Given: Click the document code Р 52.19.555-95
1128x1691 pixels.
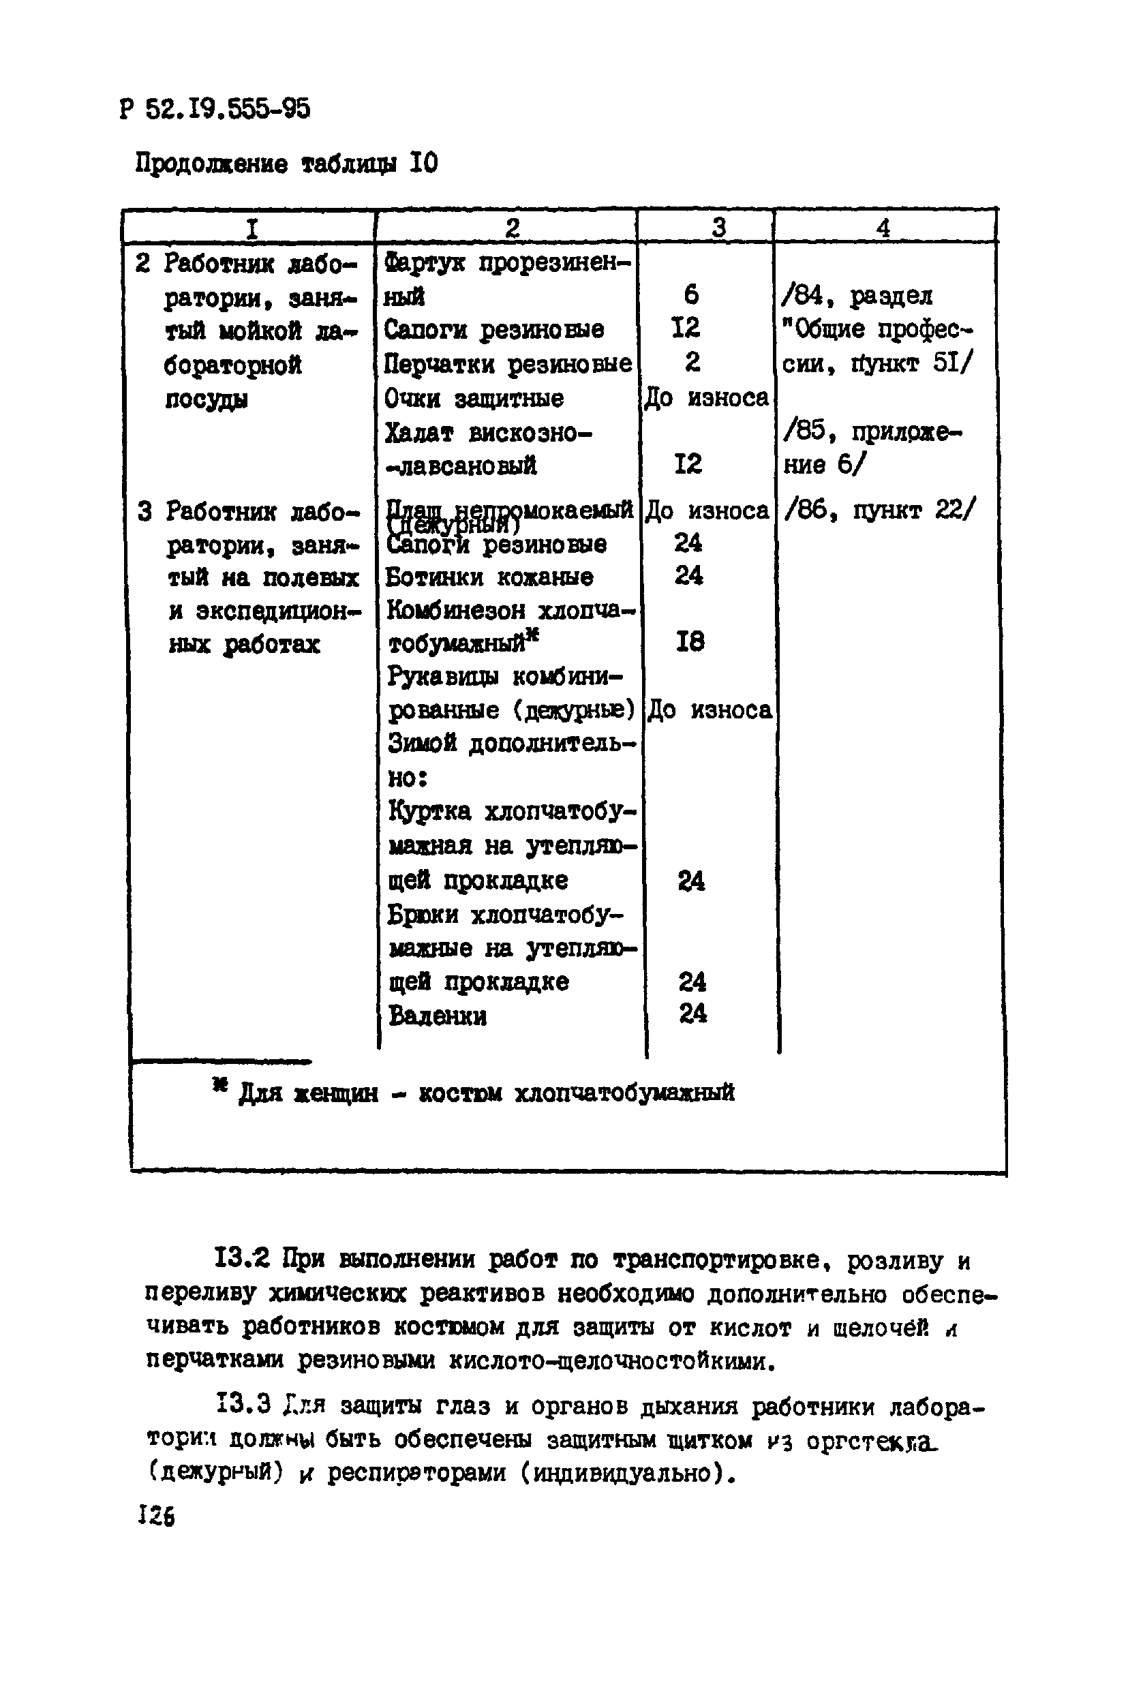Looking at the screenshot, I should click(215, 109).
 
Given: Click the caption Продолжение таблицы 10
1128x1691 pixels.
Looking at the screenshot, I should click(286, 165).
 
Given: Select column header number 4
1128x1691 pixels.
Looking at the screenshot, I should click(883, 228).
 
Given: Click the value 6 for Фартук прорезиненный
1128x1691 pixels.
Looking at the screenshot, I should click(691, 294).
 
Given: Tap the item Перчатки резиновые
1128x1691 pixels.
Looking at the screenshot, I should click(508, 364).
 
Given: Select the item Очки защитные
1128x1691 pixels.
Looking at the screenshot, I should click(474, 398).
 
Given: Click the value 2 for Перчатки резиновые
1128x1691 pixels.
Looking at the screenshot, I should click(692, 362).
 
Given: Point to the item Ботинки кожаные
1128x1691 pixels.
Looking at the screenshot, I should click(490, 577).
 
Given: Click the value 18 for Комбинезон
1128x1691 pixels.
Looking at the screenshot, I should click(690, 641).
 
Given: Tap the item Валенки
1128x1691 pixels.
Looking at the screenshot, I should click(438, 1016).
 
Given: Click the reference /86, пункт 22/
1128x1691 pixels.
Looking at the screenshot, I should click(880, 511).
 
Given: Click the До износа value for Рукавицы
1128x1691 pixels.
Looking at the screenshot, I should click(710, 711).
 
